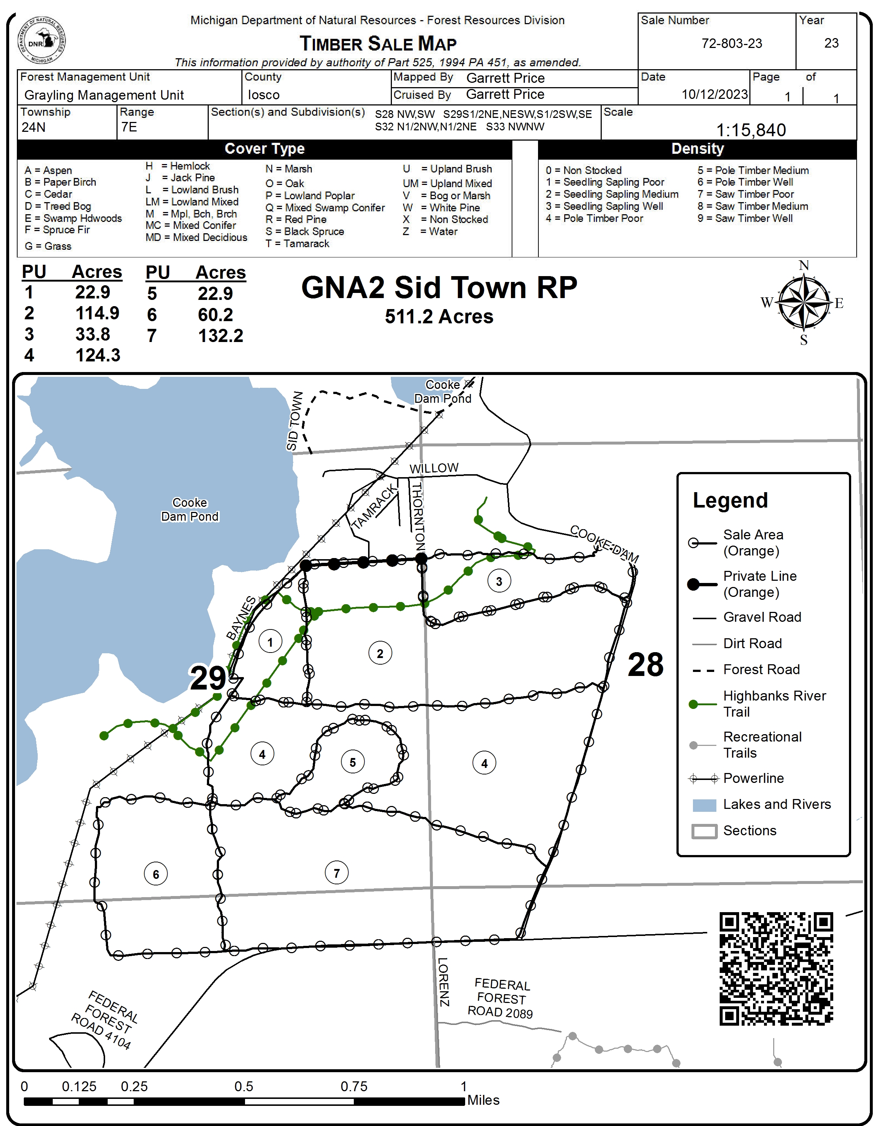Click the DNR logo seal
[x=41, y=41]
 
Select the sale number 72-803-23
[x=731, y=43]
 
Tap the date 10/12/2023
[x=714, y=94]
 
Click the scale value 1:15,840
[x=751, y=130]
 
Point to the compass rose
[x=803, y=302]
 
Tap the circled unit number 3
[x=498, y=581]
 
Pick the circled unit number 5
[x=353, y=762]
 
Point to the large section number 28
[x=645, y=665]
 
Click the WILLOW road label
[x=434, y=468]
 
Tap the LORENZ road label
[x=444, y=982]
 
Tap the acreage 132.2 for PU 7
[x=220, y=336]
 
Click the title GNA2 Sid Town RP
[x=439, y=287]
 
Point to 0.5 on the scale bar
[x=244, y=1086]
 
